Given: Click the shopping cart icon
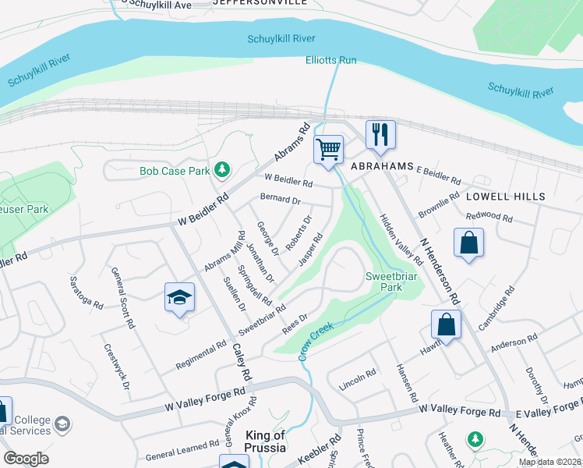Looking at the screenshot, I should (x=329, y=148).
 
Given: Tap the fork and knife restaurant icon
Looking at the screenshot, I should (x=380, y=134).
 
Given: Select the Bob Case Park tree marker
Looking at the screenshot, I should (x=223, y=169).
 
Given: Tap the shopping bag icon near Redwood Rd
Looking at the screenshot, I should (x=468, y=243).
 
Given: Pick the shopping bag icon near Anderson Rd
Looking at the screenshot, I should (x=446, y=324).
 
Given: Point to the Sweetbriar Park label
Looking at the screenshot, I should (x=384, y=282).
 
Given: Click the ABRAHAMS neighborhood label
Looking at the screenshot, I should (x=380, y=167).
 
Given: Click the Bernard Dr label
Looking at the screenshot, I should (x=281, y=200).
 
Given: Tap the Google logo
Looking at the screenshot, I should (x=26, y=459).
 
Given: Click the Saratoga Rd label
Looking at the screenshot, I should (x=86, y=292).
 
